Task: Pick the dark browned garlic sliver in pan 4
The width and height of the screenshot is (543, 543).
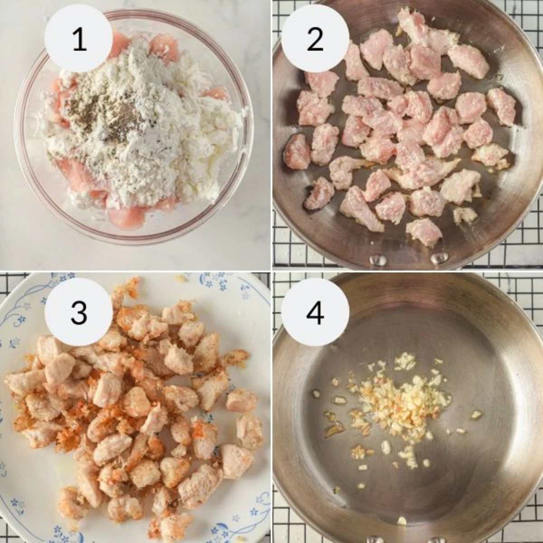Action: coord(335,430)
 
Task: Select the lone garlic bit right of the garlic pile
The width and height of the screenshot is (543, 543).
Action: coord(476,414)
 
